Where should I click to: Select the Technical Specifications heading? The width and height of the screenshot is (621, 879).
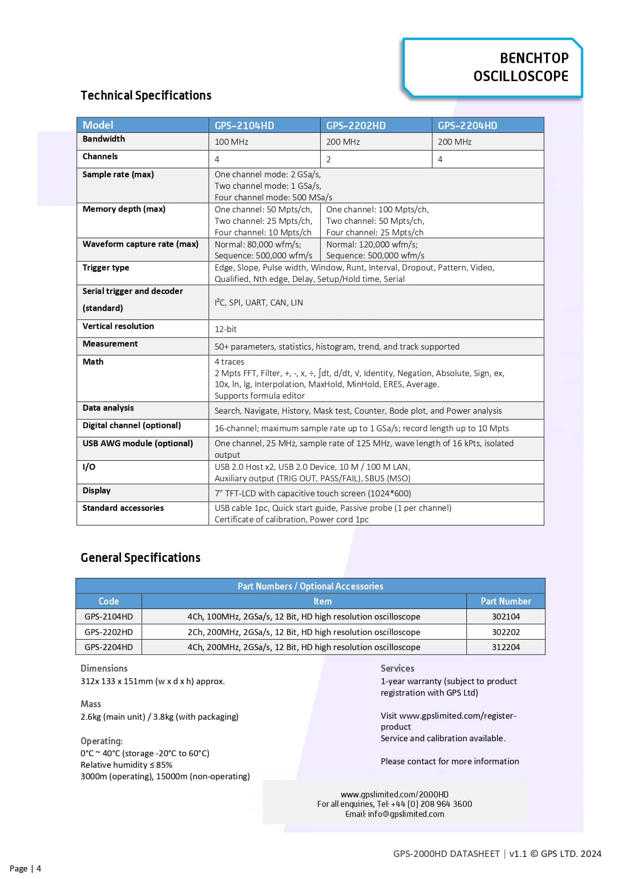(146, 96)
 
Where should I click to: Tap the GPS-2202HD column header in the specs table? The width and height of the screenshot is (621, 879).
(356, 126)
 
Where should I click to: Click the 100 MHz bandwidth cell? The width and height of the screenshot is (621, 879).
(231, 142)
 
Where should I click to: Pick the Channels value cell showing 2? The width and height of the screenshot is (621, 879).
(329, 159)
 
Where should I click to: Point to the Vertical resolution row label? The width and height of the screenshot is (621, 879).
(118, 326)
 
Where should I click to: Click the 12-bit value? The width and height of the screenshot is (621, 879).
(226, 329)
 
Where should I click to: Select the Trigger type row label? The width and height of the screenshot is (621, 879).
(106, 267)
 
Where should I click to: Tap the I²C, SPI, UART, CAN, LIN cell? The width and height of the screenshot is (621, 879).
(259, 303)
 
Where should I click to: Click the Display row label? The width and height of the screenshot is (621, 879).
(97, 490)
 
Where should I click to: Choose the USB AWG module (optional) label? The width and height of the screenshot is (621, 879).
(138, 443)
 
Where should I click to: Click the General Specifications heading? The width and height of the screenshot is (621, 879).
(141, 558)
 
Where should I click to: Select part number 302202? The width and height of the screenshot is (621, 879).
(505, 632)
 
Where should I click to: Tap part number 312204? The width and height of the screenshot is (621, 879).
(505, 647)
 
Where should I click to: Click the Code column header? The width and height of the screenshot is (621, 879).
(109, 601)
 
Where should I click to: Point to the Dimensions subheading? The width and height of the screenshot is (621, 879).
(104, 668)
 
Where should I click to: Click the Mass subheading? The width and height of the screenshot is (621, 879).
(91, 704)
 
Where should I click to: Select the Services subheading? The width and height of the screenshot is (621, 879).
(397, 668)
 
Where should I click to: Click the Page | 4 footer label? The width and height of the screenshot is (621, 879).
(25, 868)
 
